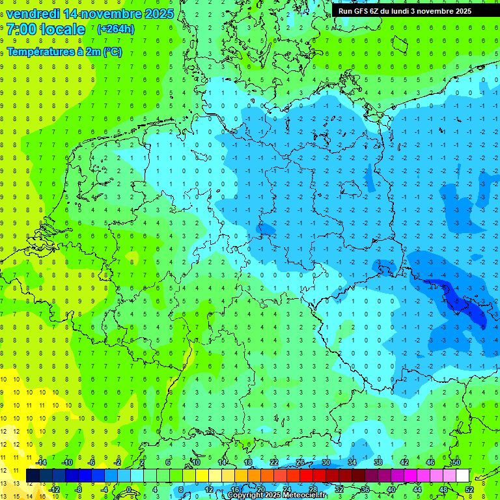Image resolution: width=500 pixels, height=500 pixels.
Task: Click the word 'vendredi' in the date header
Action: click(33, 14)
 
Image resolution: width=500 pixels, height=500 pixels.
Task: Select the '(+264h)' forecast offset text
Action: click(116, 29)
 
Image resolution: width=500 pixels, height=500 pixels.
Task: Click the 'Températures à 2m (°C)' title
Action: click(64, 52)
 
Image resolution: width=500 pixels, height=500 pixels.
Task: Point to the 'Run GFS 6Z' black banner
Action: click(404, 11)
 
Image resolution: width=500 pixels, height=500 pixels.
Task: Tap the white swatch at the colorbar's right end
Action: click(463, 476)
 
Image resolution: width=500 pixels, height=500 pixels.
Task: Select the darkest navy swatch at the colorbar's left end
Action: click(33, 476)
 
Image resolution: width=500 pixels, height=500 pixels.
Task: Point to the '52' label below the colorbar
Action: click(469, 490)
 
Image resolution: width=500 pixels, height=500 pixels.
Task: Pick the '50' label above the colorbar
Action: click(456, 462)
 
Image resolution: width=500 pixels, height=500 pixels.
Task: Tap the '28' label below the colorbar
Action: click(313, 490)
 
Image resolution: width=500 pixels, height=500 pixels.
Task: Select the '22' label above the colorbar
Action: click(274, 462)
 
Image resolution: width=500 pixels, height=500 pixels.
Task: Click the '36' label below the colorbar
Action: click(365, 490)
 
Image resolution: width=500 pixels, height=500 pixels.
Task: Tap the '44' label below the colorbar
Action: click(417, 490)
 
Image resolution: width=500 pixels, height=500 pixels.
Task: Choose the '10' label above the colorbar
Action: click(196, 462)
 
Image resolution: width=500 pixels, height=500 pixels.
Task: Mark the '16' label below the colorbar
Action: click(235, 490)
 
